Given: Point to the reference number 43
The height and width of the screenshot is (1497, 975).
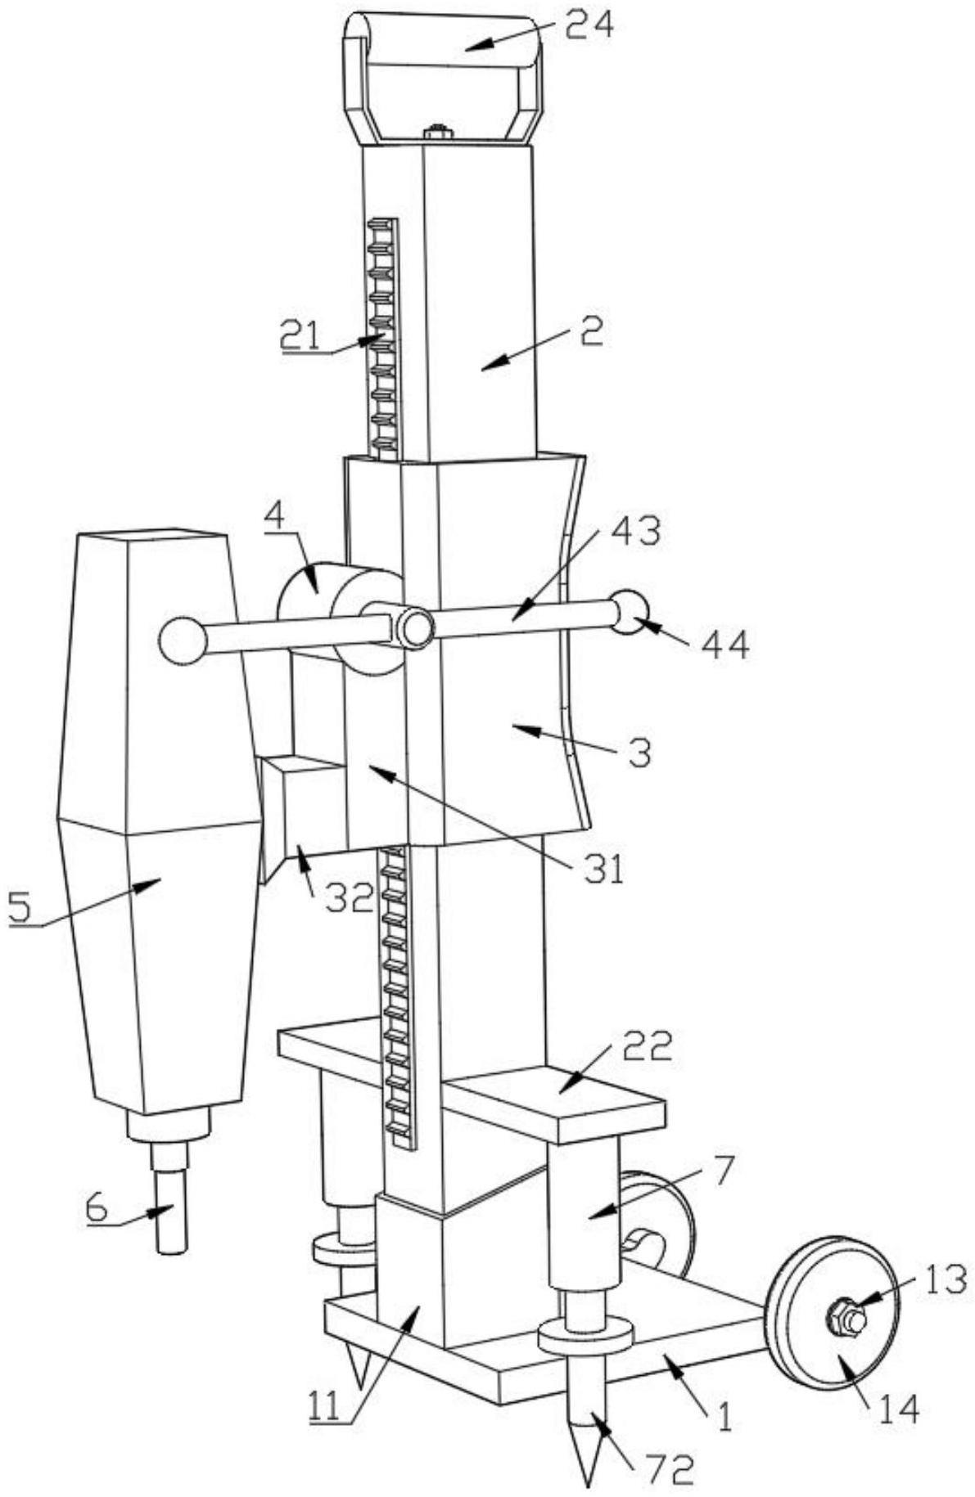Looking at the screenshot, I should (635, 533).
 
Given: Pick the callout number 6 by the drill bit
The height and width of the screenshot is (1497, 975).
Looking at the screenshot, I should (97, 1209).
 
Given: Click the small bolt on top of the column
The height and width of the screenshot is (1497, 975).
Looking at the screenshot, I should (438, 131).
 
